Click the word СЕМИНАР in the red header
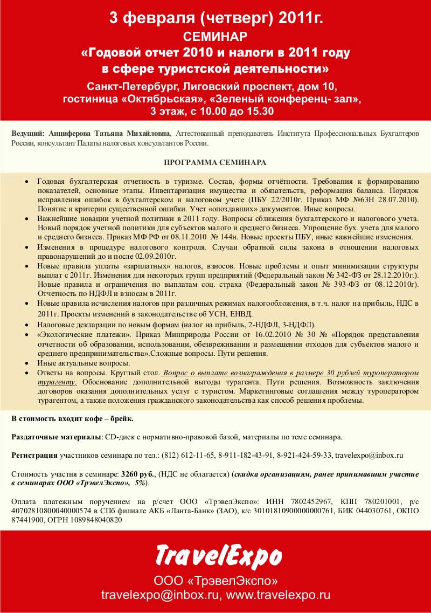(x=215, y=37)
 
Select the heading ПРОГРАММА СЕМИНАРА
(x=215, y=162)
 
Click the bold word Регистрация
(x=34, y=455)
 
